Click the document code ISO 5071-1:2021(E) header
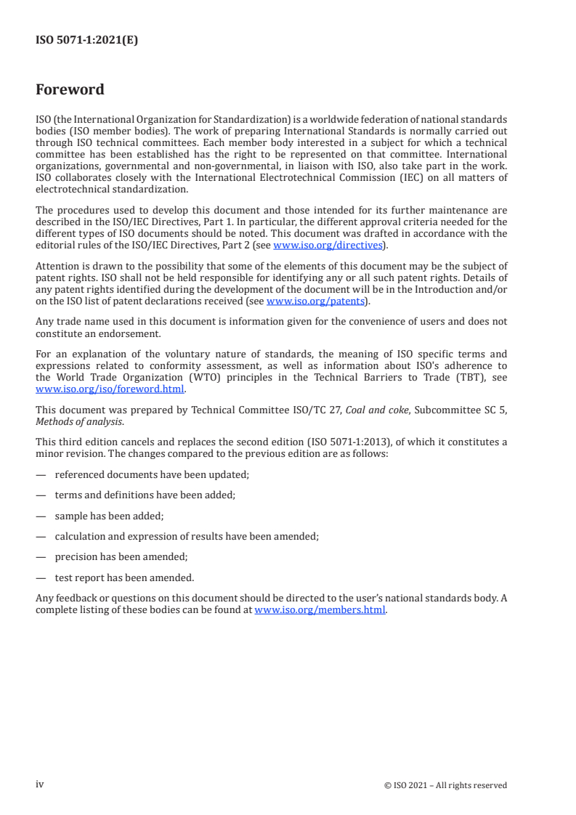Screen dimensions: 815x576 (x=86, y=41)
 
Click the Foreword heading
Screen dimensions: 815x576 (x=70, y=90)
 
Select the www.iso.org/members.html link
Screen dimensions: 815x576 (x=320, y=610)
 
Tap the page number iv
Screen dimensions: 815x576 (x=40, y=784)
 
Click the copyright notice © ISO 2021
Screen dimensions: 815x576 (x=445, y=784)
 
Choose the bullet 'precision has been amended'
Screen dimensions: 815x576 (x=121, y=557)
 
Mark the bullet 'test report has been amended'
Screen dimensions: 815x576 (x=124, y=578)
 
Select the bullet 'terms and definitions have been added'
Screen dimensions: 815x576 (x=145, y=495)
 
